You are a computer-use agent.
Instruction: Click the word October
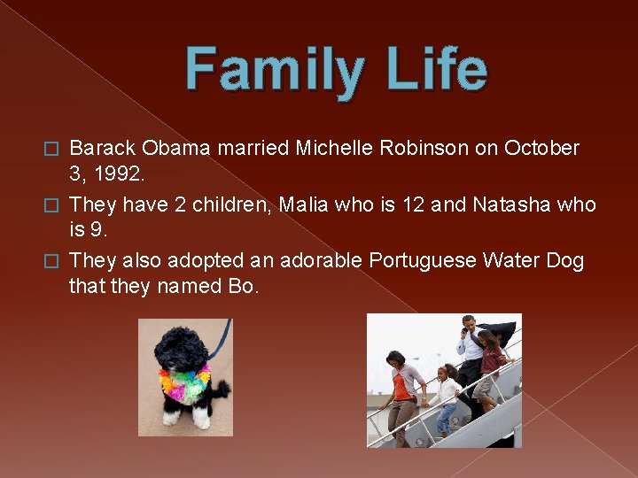(541, 148)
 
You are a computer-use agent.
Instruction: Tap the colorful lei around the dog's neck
(183, 383)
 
